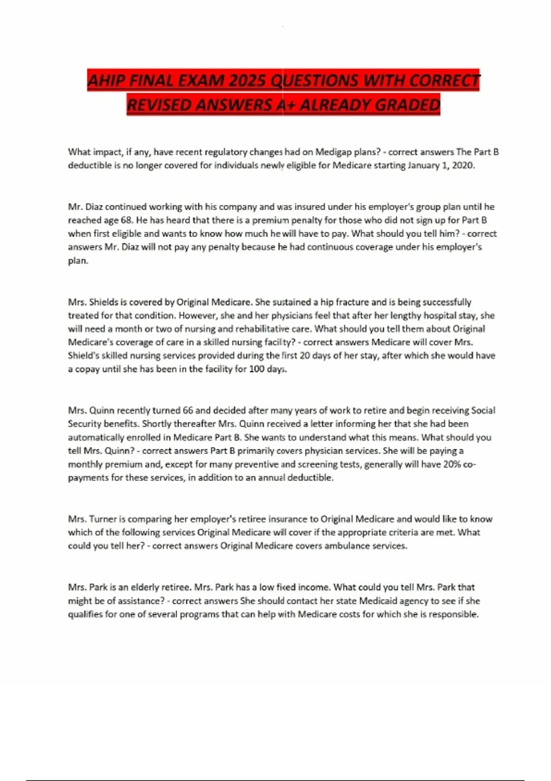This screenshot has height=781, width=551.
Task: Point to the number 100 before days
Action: click(257, 369)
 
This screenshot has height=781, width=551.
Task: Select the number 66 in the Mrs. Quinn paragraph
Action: click(188, 410)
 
